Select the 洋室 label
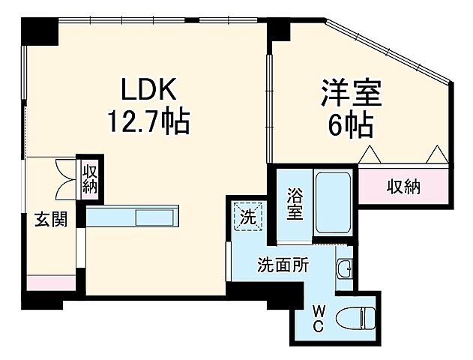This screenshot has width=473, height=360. (352, 96)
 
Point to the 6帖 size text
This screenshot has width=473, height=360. (352, 125)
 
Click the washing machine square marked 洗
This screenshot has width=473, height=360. (247, 217)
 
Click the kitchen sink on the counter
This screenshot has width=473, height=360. (157, 217)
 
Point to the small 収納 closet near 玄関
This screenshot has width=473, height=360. (90, 178)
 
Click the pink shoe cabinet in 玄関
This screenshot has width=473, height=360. (51, 283)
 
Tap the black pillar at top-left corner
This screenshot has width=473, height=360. (39, 30)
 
